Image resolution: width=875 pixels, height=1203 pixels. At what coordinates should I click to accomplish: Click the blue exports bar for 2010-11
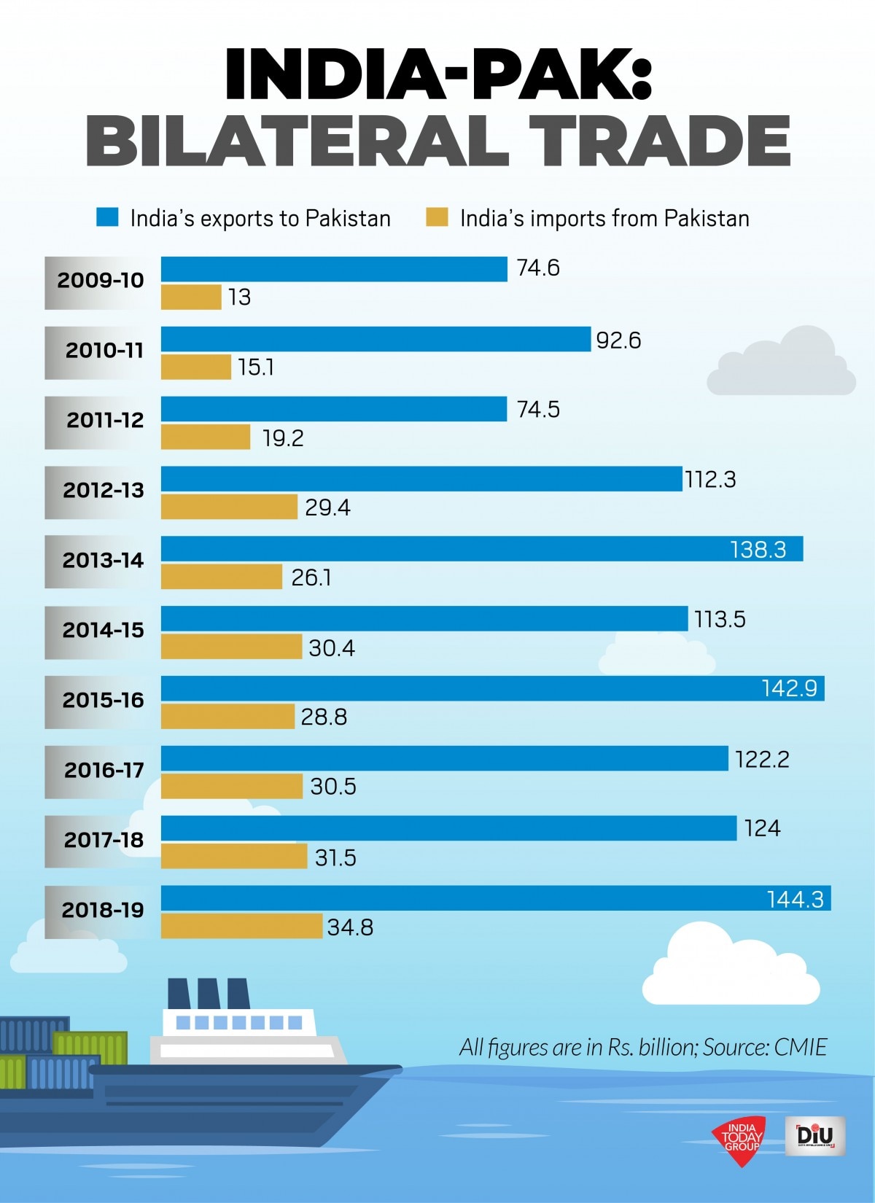coord(376,339)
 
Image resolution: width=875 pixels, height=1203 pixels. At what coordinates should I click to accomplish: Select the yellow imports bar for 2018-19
coord(241,927)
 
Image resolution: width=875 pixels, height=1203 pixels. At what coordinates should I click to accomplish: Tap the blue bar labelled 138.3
coord(481,548)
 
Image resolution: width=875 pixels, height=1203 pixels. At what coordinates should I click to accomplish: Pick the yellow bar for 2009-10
coord(191,297)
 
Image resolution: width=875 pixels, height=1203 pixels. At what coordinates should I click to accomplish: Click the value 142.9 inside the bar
coord(789,688)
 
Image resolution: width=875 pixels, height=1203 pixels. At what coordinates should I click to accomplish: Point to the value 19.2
coord(283,438)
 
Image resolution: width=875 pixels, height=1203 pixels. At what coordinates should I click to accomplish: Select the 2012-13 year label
coord(103,491)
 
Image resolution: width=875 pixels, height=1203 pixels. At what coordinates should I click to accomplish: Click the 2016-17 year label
coord(103,770)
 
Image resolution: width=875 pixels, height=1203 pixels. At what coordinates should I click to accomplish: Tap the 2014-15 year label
coord(103,630)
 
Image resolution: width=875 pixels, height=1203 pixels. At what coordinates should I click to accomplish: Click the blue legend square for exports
coord(108,217)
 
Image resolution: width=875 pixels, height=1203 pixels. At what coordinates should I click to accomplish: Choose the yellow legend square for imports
coord(437,217)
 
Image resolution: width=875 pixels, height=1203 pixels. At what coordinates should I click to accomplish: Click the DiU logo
coord(815,1136)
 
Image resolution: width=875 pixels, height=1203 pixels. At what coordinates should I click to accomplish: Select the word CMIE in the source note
coord(800,1048)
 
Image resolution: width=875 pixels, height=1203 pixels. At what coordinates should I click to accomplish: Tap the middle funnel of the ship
coord(209,993)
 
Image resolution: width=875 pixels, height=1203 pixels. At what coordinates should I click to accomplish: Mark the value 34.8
coord(350,927)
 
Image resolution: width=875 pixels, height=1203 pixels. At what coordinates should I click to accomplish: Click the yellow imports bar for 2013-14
coord(222,577)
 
